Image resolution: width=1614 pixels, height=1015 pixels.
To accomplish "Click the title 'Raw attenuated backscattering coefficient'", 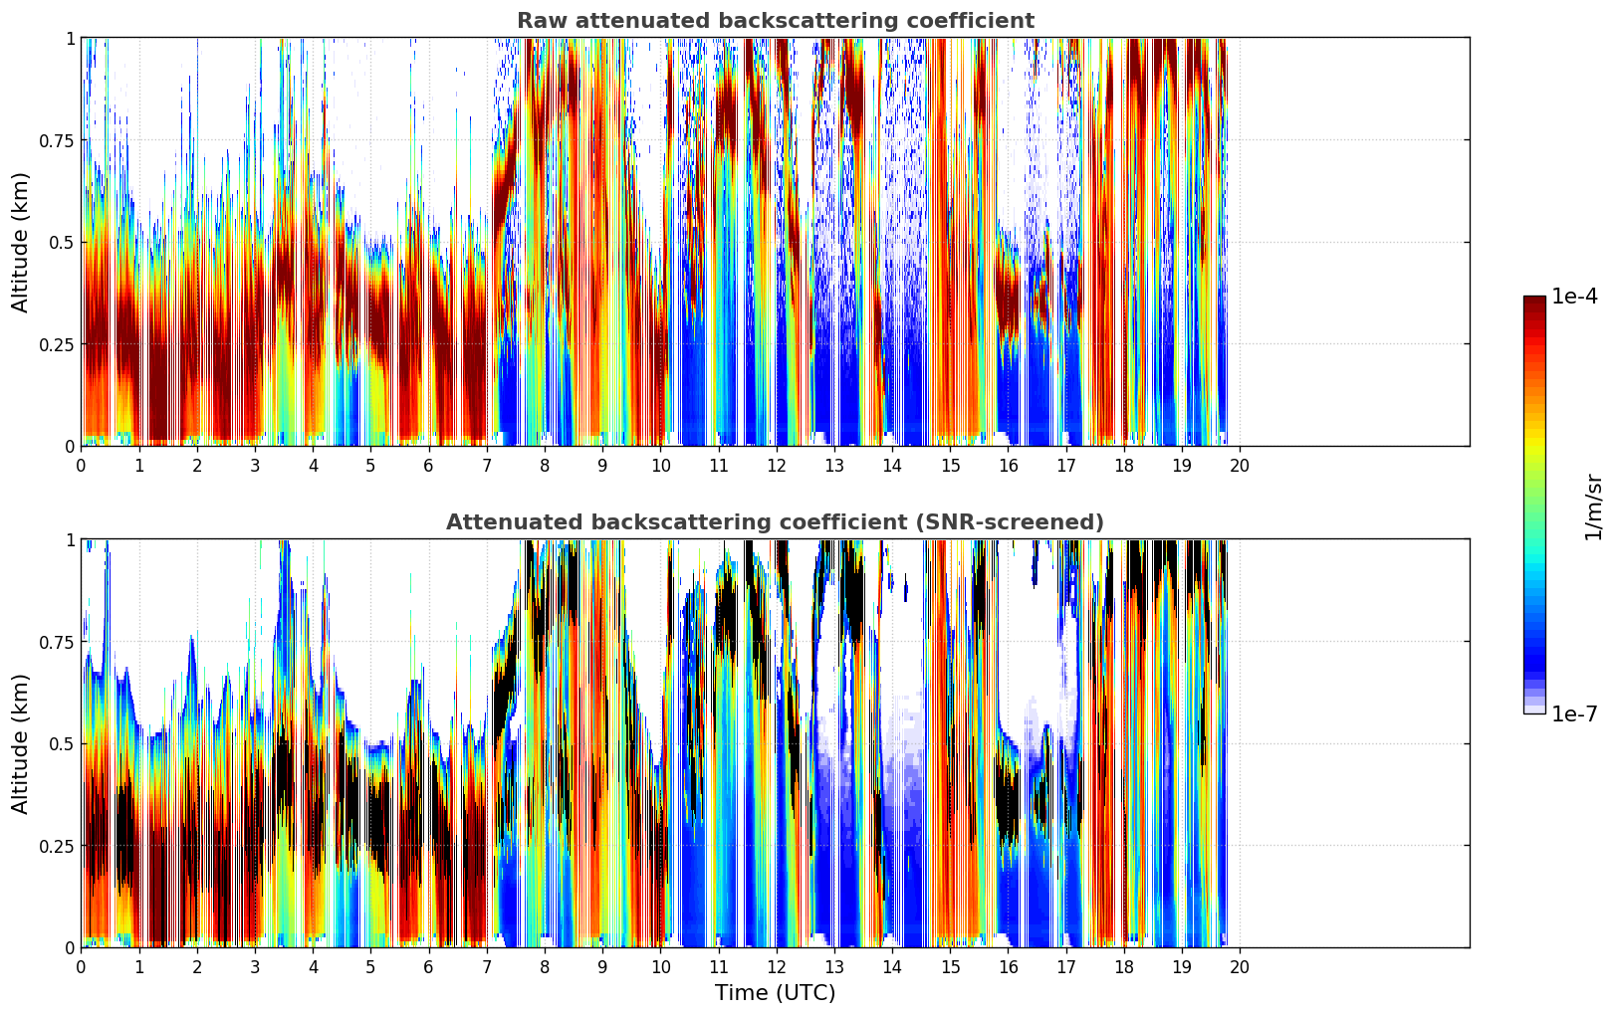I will (775, 21).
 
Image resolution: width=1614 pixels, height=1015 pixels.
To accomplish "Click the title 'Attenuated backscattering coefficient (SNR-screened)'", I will (775, 522).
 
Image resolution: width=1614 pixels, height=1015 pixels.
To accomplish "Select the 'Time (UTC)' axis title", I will (775, 993).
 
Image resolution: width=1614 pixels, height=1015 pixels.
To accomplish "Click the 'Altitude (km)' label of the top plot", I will (21, 242).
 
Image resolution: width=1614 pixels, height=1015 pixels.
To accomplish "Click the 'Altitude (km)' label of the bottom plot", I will (21, 743).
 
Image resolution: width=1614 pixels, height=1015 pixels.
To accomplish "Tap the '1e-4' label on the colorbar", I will (1574, 297).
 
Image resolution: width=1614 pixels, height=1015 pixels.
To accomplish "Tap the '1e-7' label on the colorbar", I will (1574, 714).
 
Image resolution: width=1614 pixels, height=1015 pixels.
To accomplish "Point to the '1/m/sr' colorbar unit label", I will (1593, 507).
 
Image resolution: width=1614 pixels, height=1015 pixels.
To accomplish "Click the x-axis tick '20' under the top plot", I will (1240, 466).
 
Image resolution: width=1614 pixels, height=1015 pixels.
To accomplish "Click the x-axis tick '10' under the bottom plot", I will (660, 967).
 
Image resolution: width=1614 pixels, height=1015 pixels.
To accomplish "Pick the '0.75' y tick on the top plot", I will (57, 140).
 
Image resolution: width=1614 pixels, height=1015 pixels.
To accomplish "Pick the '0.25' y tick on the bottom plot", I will (57, 846).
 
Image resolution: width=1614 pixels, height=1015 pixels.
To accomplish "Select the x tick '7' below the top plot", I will (486, 466).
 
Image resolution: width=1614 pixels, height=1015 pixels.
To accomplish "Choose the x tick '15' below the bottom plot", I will (950, 967).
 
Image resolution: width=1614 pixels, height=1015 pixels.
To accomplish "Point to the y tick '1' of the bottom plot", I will (70, 540).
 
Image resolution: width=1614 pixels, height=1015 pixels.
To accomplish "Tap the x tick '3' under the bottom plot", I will (255, 967).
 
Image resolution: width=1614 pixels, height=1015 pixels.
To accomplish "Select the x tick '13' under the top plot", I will (834, 466).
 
